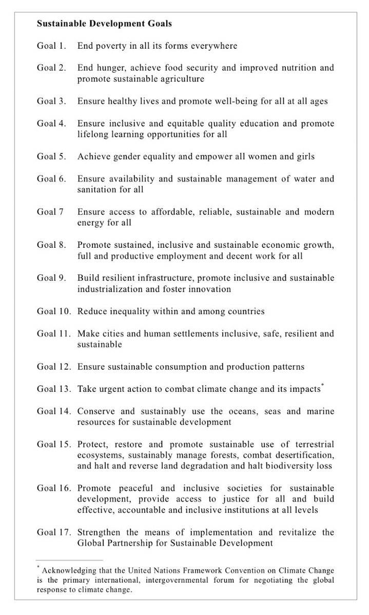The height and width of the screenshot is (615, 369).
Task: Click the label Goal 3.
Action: tap(51, 102)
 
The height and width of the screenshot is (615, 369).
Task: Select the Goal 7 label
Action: tap(50, 212)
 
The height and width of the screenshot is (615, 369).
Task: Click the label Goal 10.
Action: tap(53, 311)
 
